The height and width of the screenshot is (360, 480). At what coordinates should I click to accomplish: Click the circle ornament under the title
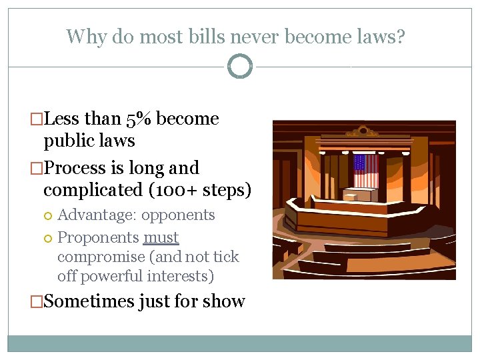pos(240,66)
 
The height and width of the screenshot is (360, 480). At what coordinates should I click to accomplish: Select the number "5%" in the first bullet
pos(139,119)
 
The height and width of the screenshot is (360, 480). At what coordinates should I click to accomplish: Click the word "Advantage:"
pos(97,215)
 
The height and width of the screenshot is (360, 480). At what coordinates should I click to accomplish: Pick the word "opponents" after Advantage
pos(178,215)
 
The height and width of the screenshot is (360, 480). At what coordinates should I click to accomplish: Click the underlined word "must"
pos(161,237)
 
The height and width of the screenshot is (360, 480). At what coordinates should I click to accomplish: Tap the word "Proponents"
pos(98,237)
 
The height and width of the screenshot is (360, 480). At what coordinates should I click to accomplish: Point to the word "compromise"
pos(101,257)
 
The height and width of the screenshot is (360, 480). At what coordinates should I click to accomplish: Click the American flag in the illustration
pos(365,171)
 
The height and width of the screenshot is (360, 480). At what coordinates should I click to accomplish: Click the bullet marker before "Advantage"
pos(48,215)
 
